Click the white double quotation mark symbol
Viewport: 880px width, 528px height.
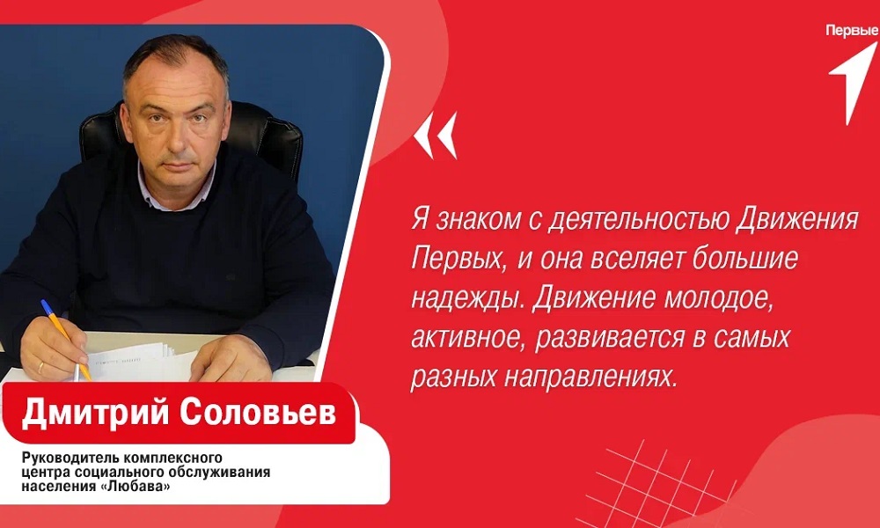click(x=436, y=136)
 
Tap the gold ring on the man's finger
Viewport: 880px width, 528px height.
click(x=40, y=365)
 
